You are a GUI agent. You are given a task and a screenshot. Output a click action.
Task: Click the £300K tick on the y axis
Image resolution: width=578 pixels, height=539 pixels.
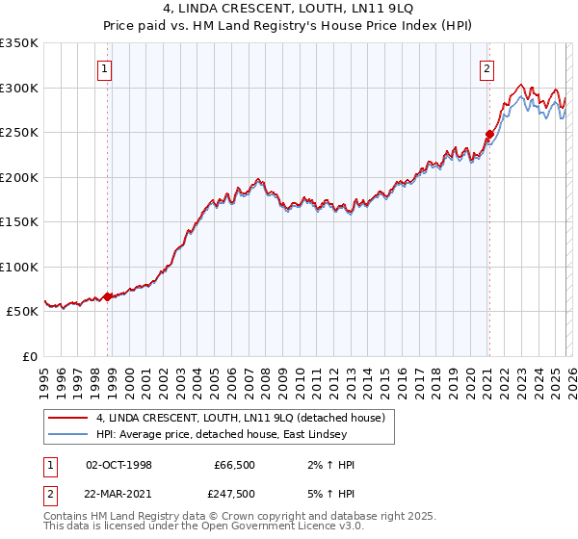(x=19, y=88)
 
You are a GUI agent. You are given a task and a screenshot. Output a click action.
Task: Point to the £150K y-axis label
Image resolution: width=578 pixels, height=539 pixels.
(x=19, y=222)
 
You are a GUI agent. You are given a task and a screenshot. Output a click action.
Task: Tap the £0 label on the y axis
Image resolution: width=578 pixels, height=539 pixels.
(x=29, y=357)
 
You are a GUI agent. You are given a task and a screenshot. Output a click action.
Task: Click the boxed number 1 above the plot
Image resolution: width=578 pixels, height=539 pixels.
(x=103, y=68)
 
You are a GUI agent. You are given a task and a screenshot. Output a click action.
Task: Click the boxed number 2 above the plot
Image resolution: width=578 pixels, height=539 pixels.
(x=487, y=68)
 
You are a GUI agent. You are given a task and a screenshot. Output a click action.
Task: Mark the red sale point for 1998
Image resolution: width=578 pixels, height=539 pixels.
(x=107, y=296)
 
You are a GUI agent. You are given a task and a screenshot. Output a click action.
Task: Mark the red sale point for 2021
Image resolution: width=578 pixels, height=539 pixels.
(x=489, y=135)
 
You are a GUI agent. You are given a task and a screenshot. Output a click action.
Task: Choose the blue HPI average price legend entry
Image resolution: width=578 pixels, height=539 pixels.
(x=231, y=434)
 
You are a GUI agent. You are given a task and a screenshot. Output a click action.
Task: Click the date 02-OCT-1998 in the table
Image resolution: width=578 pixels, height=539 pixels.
(x=118, y=465)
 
